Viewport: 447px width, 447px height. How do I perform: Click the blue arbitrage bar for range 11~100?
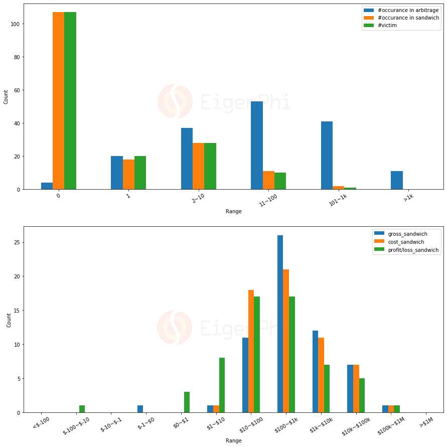[257, 145]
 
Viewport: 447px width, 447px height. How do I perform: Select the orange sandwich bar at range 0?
[58, 100]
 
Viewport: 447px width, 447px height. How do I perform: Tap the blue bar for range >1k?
[396, 180]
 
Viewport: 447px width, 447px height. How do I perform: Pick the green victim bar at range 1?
[140, 173]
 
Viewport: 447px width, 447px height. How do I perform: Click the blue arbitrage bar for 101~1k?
[327, 156]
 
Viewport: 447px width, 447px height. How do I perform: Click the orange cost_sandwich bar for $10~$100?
[251, 351]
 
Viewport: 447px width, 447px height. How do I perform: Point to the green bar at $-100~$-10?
[82, 409]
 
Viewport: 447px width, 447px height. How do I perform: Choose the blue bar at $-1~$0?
[140, 409]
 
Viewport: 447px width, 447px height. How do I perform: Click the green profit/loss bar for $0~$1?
[187, 402]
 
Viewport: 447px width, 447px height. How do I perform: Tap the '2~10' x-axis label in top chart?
[197, 198]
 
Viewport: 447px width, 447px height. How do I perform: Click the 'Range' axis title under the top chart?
[233, 211]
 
